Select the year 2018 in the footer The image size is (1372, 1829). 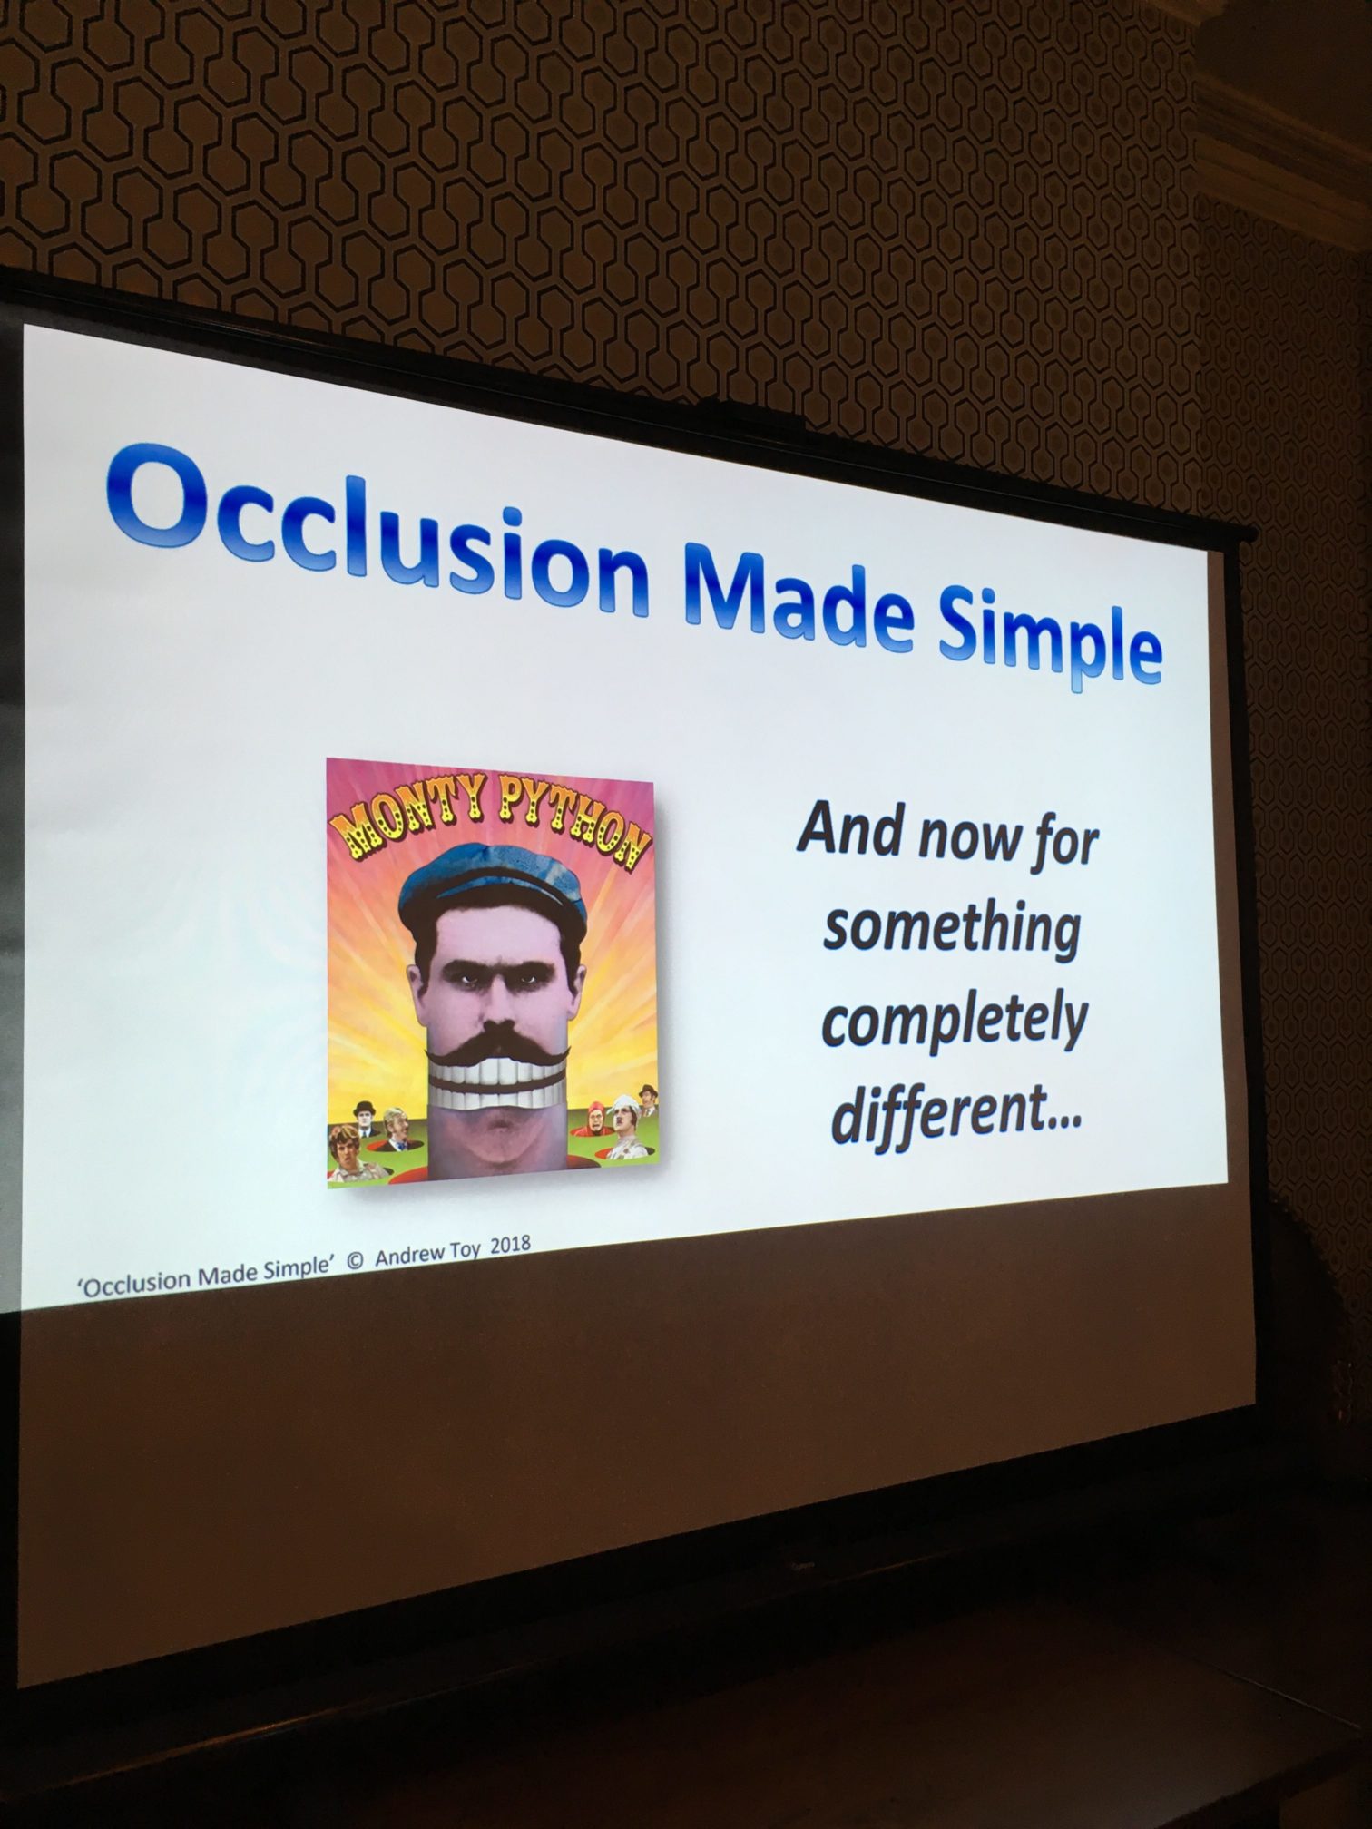(510, 1245)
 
